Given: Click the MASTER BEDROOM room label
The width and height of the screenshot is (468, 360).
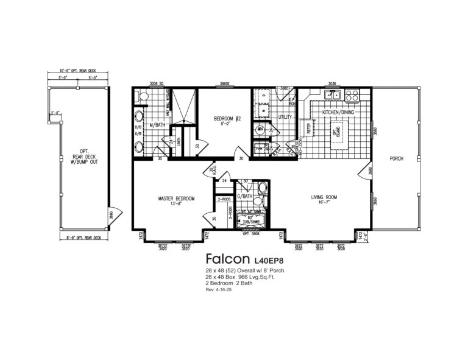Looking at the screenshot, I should [x=175, y=199].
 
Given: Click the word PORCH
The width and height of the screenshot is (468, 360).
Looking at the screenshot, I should [x=396, y=158].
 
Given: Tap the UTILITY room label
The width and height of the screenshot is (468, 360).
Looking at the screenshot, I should [x=285, y=116].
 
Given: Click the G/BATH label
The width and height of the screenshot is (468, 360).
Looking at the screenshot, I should [x=244, y=196].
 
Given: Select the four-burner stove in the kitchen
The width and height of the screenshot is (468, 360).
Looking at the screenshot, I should [x=352, y=96].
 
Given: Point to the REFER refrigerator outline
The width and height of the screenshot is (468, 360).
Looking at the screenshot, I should [x=309, y=129].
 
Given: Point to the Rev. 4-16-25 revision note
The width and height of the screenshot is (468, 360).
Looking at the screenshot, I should [x=219, y=289].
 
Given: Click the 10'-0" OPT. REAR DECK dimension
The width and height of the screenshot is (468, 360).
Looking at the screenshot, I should [x=79, y=72].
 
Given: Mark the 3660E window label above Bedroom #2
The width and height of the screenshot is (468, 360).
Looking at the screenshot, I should [x=225, y=83].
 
